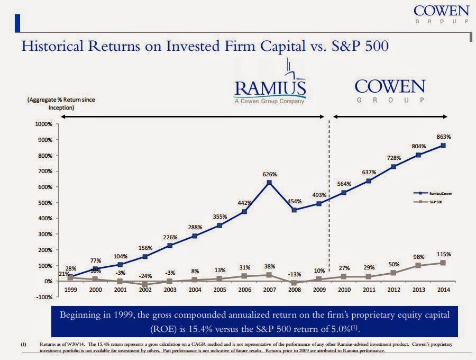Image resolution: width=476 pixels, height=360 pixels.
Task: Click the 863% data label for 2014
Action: (443, 137)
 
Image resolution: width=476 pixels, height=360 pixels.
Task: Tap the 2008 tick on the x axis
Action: (295, 290)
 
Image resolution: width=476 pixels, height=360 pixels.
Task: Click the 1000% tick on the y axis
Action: (43, 124)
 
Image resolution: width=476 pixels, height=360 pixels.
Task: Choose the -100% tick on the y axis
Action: (43, 297)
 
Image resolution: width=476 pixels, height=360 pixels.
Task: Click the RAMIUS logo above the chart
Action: (270, 87)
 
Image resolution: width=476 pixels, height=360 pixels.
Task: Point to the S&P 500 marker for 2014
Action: (443, 263)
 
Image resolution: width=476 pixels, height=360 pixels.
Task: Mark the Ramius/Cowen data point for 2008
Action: (295, 210)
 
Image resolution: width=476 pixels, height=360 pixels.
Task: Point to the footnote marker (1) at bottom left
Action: (23, 345)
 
